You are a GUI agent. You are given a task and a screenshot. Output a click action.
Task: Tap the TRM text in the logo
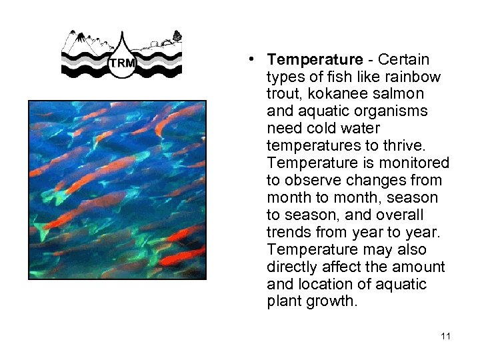[x=121, y=63]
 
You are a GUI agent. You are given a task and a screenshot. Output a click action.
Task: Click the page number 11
[x=445, y=336]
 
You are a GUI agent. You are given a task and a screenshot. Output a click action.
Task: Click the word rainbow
[x=416, y=77]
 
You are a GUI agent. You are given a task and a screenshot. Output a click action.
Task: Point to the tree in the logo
[x=177, y=36]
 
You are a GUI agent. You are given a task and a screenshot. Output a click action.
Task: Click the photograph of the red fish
[x=117, y=189]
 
